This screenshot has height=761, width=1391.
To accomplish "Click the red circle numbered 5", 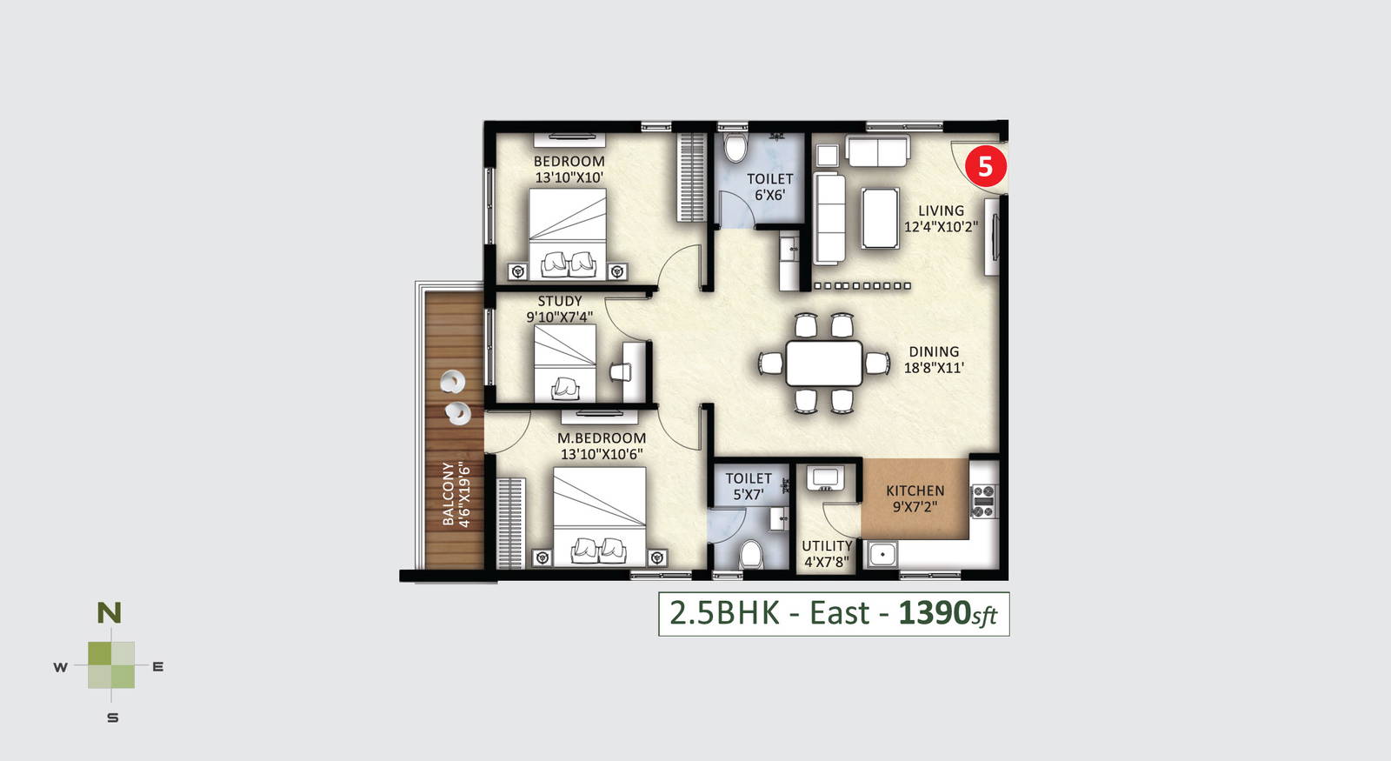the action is (986, 166).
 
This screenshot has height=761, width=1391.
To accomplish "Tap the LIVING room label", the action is (941, 211).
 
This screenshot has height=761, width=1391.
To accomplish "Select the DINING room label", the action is (934, 351).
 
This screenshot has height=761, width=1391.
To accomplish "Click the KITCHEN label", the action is (915, 491).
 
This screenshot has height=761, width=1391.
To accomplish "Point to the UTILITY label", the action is (827, 546).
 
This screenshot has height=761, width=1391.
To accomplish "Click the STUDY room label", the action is (560, 301).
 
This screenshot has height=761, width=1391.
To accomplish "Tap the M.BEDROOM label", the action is (601, 438).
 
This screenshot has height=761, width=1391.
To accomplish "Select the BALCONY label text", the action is (448, 494).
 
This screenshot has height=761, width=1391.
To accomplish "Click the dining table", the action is (824, 363).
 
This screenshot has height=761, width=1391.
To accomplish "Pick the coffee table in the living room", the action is (880, 218).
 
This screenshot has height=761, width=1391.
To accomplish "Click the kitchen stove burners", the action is (983, 501).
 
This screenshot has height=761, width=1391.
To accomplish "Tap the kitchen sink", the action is (882, 554).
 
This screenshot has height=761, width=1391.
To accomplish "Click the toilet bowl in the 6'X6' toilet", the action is (735, 147).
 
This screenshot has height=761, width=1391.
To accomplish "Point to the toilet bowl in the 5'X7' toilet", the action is (751, 554).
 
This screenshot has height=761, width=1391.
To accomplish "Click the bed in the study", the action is (564, 363).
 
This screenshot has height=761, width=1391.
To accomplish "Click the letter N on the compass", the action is (110, 613).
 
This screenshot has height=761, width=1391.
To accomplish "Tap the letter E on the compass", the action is (158, 666).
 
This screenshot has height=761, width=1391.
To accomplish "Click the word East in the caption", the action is (840, 613).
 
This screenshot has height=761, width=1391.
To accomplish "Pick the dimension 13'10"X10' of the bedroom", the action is (569, 177).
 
